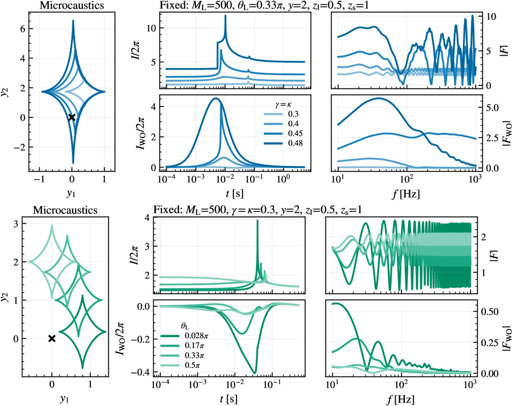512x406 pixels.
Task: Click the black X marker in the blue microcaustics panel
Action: [x=72, y=117]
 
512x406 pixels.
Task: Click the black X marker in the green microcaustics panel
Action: [x=51, y=338]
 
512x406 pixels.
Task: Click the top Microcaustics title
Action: [x=72, y=5]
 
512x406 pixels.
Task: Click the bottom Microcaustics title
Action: [x=65, y=210]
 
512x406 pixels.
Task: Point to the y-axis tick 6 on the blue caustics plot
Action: [x=22, y=29]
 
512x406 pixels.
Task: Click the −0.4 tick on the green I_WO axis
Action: [x=141, y=372]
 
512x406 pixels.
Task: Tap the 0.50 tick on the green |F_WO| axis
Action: [x=490, y=312]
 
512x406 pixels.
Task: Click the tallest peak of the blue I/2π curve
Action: [x=225, y=16]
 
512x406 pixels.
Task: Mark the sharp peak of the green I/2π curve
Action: [x=258, y=221]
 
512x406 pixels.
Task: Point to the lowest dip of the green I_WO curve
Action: [x=255, y=373]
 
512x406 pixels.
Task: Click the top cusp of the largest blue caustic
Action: [x=73, y=20]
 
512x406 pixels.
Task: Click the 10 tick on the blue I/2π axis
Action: [x=151, y=28]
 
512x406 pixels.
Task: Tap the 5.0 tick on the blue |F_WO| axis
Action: [x=492, y=108]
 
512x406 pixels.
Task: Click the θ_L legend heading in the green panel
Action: [x=185, y=326]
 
